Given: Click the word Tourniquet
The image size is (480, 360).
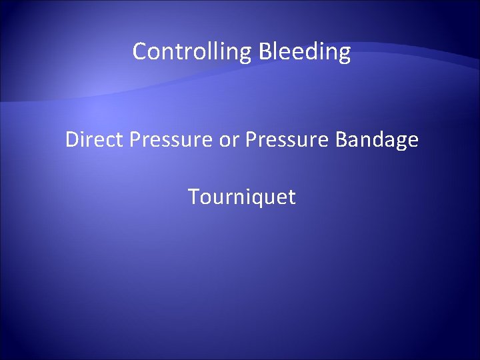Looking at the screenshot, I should (x=241, y=197).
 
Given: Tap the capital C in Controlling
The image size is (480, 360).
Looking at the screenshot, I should (x=139, y=51).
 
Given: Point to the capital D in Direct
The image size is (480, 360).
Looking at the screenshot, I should (x=72, y=140).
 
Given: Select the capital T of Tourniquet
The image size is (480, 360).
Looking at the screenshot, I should (x=193, y=197).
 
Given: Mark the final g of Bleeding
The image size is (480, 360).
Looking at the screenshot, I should (x=344, y=54).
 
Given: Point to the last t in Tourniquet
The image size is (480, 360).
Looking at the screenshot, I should (x=291, y=197).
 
